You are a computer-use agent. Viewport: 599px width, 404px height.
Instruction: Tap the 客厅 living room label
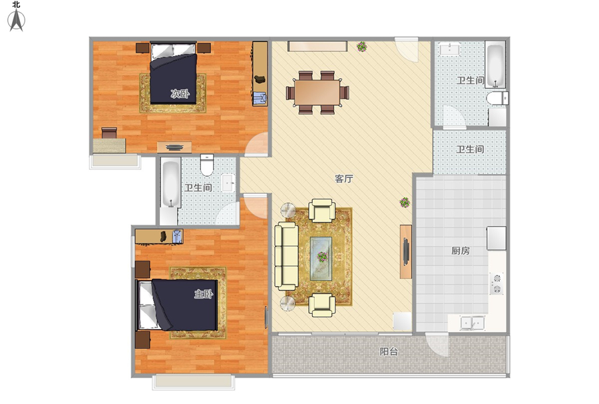click(344, 179)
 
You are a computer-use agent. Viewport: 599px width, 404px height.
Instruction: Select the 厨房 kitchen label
click(461, 251)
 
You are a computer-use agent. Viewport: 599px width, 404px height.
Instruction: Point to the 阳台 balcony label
click(389, 351)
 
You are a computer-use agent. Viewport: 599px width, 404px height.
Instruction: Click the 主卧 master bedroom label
click(204, 294)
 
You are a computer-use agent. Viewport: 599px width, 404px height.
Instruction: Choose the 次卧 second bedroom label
click(180, 93)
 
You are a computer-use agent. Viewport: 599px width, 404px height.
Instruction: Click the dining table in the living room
click(317, 92)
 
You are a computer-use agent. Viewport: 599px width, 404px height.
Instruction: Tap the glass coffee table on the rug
click(321, 259)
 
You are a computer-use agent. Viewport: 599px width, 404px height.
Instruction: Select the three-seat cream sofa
click(286, 256)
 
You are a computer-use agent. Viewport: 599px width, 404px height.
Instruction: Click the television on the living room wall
click(406, 251)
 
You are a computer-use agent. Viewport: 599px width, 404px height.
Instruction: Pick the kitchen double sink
click(473, 323)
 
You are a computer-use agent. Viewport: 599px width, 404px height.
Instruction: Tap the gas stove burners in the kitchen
click(497, 283)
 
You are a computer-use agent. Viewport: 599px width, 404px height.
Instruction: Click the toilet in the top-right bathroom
click(497, 98)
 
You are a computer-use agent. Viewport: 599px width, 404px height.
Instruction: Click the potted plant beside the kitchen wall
click(405, 203)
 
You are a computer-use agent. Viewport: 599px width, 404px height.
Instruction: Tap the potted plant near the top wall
click(361, 47)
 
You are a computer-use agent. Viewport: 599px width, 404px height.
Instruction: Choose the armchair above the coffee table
click(321, 210)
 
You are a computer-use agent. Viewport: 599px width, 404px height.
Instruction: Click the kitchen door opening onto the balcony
click(437, 344)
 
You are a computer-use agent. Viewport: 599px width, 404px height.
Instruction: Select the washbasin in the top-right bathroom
click(450, 50)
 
